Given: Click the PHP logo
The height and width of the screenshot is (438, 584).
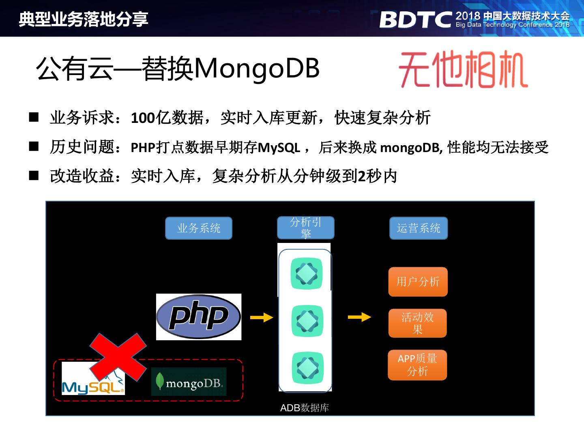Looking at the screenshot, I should [x=199, y=317].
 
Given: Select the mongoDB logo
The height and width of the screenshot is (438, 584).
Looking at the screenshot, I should [x=189, y=382].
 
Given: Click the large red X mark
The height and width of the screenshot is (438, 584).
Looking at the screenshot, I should [x=118, y=357].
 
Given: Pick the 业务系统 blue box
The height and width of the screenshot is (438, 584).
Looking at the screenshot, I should [x=198, y=228].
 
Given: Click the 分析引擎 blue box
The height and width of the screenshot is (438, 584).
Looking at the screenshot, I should [x=306, y=228].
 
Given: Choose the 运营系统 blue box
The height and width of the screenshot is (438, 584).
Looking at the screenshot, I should [x=419, y=228].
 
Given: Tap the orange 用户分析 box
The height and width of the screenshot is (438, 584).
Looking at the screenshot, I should [x=418, y=281].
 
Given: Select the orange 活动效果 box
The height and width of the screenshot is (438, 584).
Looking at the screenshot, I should [x=418, y=323].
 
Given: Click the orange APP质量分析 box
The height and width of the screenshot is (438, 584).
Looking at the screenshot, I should [x=417, y=365].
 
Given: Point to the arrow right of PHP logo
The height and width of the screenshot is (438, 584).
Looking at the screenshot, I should [x=262, y=317].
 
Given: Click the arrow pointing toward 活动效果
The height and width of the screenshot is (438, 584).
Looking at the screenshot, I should [x=359, y=317].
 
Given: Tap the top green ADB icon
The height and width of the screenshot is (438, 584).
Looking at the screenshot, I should [x=307, y=274].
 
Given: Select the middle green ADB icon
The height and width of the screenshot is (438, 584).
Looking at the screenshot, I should [x=307, y=321].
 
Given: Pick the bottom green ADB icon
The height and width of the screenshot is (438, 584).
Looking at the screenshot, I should [x=307, y=367].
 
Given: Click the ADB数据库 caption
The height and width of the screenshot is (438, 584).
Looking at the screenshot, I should [x=305, y=408].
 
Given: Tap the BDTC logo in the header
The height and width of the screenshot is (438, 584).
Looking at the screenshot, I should [x=415, y=19].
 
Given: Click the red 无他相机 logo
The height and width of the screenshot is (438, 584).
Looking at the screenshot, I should [x=463, y=69].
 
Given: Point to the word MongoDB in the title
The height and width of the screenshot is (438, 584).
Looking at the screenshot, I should [x=257, y=68].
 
